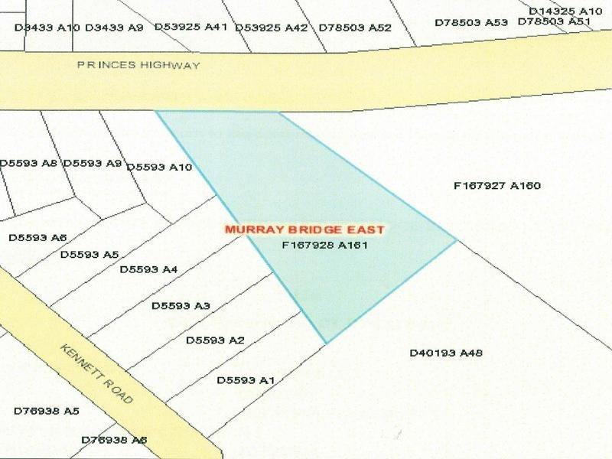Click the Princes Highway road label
point(138,65)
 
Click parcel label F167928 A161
point(325,246)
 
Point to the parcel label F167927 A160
point(497,185)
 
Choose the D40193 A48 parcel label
point(446,353)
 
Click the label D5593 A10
point(159,167)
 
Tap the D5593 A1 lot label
point(246,380)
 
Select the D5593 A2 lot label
point(215,340)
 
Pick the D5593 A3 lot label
point(181,306)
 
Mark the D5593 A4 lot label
point(148,269)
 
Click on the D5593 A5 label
point(90,254)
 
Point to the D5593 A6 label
point(38,238)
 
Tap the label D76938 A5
point(47,411)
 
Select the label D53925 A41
point(191,27)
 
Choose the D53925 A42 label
point(272,28)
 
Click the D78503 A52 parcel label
point(355,28)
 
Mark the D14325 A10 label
point(565,11)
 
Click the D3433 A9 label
point(114,28)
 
